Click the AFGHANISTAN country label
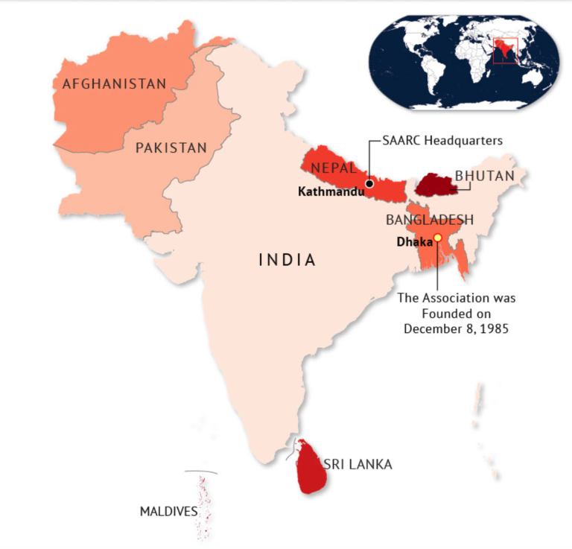114,84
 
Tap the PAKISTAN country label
171,147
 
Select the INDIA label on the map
287,260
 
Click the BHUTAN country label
485,176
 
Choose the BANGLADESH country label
430,220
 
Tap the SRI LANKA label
357,465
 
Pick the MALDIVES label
168,512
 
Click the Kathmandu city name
331,191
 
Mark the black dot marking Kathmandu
369,183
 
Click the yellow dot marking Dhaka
438,238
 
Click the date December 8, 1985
456,328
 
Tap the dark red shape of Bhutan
434,184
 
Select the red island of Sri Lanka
308,467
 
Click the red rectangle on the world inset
505,51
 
